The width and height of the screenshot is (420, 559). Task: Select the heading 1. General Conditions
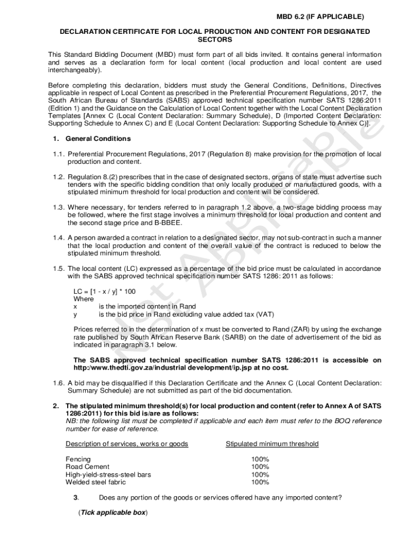[90, 139]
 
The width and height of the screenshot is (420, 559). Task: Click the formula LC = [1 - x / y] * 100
[104, 292]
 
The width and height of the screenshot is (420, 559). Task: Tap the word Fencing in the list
[78, 459]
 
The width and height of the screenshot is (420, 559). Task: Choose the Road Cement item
[87, 467]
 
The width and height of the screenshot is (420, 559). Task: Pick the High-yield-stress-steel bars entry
[108, 474]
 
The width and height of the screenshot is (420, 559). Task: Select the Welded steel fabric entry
[95, 482]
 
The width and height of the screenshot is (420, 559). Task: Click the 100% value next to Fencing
[260, 459]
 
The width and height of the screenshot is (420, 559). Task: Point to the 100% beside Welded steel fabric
[260, 482]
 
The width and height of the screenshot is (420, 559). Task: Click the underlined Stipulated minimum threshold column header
[272, 444]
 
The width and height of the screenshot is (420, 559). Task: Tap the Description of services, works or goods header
[127, 444]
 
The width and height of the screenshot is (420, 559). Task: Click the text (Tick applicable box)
[113, 513]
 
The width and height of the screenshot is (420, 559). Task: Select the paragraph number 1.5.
[59, 269]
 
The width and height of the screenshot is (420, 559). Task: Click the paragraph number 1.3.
[59, 207]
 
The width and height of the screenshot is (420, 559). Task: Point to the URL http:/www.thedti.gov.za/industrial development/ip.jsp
[169, 368]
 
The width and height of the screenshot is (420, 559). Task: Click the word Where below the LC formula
[83, 299]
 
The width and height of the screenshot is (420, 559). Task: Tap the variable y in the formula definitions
[75, 314]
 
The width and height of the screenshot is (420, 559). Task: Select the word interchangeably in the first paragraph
[75, 70]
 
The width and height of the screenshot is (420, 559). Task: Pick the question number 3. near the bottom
[76, 497]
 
